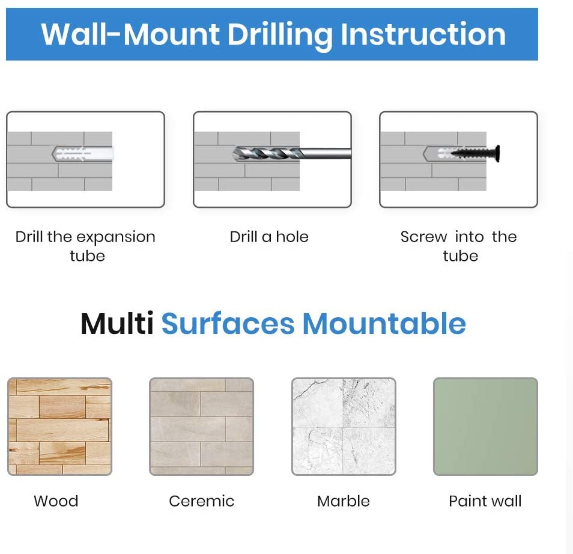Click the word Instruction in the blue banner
pyautogui.click(x=423, y=34)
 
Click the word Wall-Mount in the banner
pyautogui.click(x=130, y=34)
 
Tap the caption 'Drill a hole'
pyautogui.click(x=269, y=237)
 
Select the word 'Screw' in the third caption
pyautogui.click(x=423, y=237)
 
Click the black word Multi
pyautogui.click(x=117, y=324)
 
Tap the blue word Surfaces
pyautogui.click(x=228, y=324)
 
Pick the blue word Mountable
pyautogui.click(x=384, y=324)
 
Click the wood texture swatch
pyautogui.click(x=60, y=427)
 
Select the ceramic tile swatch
pyautogui.click(x=202, y=427)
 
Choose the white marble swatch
pyautogui.click(x=344, y=427)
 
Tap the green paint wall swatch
pyautogui.click(x=486, y=427)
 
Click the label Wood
pyautogui.click(x=56, y=501)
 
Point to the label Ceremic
pyautogui.click(x=202, y=501)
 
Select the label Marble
pyautogui.click(x=344, y=501)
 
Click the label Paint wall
pyautogui.click(x=485, y=501)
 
